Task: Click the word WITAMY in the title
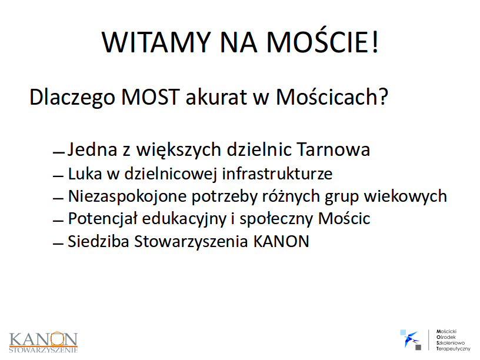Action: point(156,42)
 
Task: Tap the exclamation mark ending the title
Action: point(375,42)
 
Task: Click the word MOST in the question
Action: point(150,97)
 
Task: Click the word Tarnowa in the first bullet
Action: point(334,149)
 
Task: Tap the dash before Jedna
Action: point(59,152)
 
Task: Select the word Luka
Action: point(85,174)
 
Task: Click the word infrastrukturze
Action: point(277,174)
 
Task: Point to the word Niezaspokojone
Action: point(127,196)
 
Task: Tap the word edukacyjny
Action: point(184,219)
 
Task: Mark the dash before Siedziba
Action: point(58,244)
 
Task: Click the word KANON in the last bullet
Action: point(281,241)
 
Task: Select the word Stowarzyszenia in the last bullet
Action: point(191,242)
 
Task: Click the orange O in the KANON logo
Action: point(58,339)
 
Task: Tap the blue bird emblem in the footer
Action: point(411,339)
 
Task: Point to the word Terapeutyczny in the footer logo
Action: point(454,349)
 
